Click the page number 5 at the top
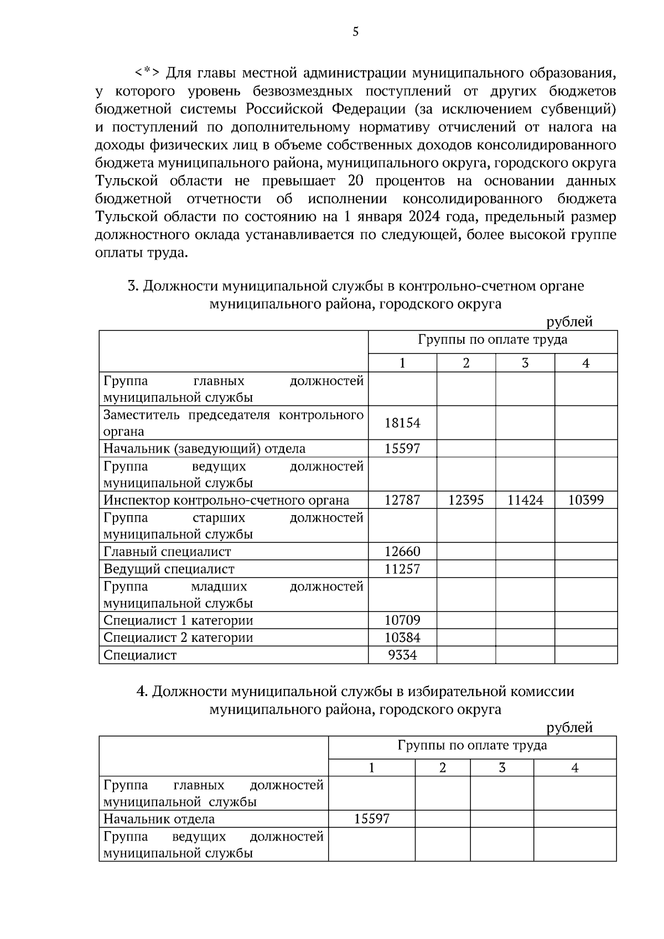[x=355, y=32]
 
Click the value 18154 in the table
[x=402, y=423]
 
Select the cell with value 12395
[x=466, y=500]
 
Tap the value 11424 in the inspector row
[x=525, y=500]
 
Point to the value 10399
[x=586, y=500]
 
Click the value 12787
[x=402, y=500]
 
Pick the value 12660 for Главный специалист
[x=402, y=552]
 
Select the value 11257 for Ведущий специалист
[x=402, y=569]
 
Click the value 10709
[x=402, y=620]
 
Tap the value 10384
[x=402, y=637]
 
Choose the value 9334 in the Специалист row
[x=402, y=655]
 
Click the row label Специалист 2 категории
[x=178, y=637]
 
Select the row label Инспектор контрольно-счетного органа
[x=226, y=500]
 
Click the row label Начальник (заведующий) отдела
[x=204, y=449]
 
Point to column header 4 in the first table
[x=586, y=363]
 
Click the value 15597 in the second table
[x=372, y=819]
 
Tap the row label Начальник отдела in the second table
[x=159, y=819]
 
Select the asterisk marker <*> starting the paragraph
[x=148, y=72]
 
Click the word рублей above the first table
[x=569, y=322]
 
